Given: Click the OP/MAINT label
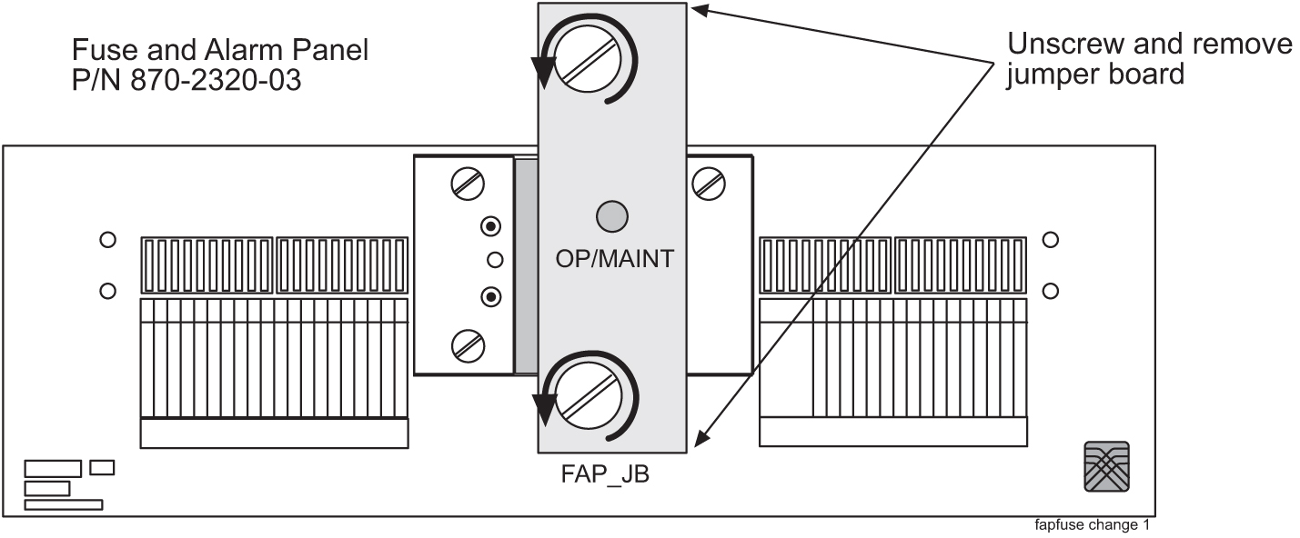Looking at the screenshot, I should click(614, 259).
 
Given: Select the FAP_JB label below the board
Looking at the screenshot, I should click(605, 474).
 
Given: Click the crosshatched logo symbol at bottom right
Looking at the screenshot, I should click(1106, 466).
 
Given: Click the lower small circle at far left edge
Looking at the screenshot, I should click(107, 291).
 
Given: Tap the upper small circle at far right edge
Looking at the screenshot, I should click(1051, 240).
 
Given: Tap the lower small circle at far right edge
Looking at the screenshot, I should click(1051, 291).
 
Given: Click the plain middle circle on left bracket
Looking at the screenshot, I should click(495, 260).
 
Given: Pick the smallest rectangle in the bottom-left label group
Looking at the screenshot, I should click(102, 467).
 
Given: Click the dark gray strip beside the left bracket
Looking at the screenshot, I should click(526, 264).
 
